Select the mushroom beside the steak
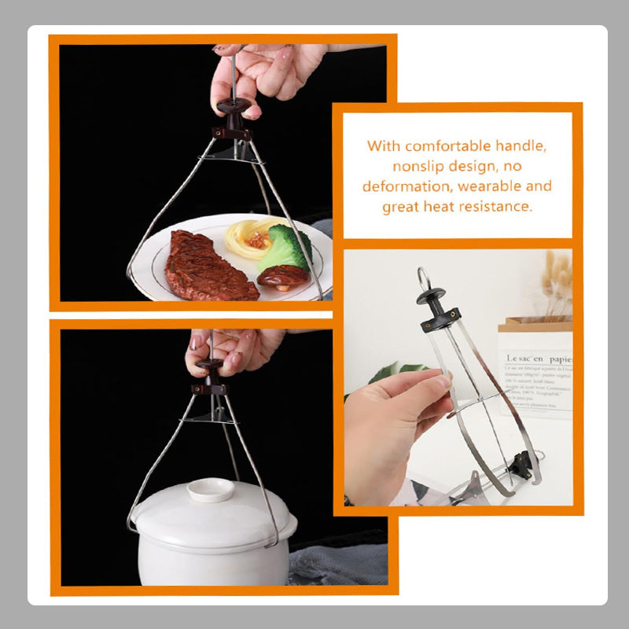coord(281,277)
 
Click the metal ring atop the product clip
coord(425,277)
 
